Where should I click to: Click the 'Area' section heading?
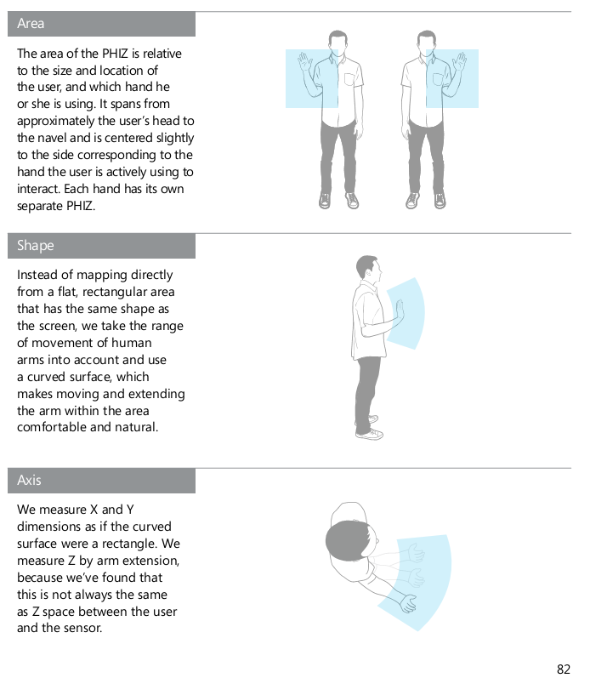click(x=31, y=23)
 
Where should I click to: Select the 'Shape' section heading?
click(x=36, y=246)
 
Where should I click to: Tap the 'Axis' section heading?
click(x=29, y=480)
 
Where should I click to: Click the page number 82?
click(x=563, y=669)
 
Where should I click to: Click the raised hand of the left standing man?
click(x=304, y=61)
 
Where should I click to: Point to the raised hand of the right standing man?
click(x=459, y=61)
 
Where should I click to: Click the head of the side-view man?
click(x=368, y=268)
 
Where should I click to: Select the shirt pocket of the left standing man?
click(x=349, y=80)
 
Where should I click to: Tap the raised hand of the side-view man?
click(x=400, y=310)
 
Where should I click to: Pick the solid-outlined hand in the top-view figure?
click(x=407, y=603)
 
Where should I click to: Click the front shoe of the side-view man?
click(x=370, y=434)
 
